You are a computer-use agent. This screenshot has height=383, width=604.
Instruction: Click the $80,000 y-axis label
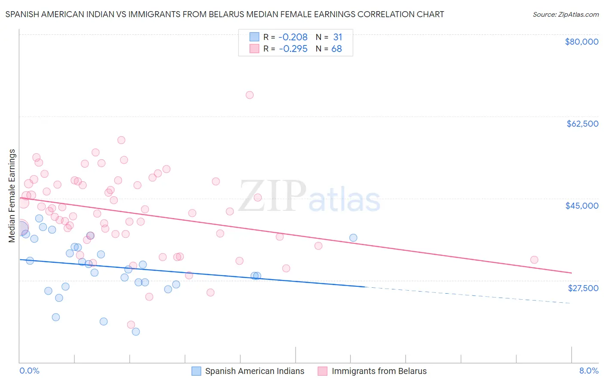(x=582, y=42)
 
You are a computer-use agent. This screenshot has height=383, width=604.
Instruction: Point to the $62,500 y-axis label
(x=583, y=124)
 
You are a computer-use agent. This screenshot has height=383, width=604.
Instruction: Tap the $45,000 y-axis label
(x=582, y=206)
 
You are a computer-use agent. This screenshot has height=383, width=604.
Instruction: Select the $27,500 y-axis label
(x=583, y=288)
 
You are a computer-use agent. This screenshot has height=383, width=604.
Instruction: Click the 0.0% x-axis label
(x=29, y=371)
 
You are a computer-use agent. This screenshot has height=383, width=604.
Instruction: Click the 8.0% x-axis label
(x=589, y=371)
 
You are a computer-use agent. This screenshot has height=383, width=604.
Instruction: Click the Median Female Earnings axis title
(x=12, y=196)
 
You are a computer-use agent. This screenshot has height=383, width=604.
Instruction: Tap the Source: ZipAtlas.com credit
(x=565, y=15)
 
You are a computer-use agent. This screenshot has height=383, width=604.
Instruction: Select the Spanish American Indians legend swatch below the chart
(x=196, y=371)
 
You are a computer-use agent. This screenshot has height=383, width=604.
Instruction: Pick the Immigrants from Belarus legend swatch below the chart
(x=323, y=371)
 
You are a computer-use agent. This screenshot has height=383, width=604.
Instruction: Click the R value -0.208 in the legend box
(x=293, y=37)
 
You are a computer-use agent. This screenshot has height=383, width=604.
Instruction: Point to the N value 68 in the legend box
(x=336, y=49)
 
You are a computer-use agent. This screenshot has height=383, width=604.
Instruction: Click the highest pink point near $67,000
(x=250, y=95)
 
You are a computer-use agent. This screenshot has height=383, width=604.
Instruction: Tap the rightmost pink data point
(x=534, y=260)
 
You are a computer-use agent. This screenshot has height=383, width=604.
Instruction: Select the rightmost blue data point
(x=353, y=238)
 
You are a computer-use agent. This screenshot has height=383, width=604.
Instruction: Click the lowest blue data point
(x=136, y=331)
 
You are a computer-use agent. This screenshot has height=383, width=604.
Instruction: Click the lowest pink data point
(x=131, y=325)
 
